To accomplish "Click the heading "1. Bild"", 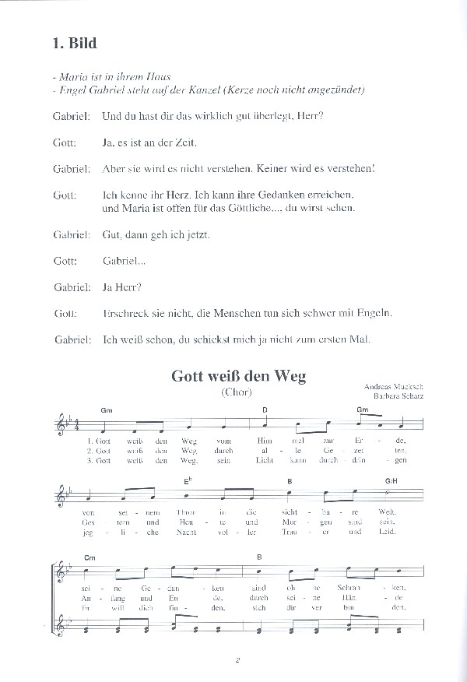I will click(x=69, y=43).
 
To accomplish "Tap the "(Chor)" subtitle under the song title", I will click(x=237, y=392).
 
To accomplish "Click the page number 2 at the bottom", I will click(x=238, y=663).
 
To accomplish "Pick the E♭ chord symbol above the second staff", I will click(x=188, y=480).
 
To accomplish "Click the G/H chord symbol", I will click(x=391, y=481).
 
